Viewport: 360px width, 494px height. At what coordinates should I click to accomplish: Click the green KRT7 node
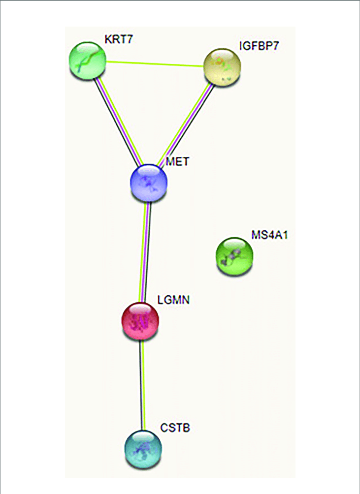[87, 60]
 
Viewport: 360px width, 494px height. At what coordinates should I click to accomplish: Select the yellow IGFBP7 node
[223, 66]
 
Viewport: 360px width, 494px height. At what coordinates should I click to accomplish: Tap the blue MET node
[148, 182]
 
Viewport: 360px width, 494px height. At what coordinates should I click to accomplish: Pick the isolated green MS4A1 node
[235, 255]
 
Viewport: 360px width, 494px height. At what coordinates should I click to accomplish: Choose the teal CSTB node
[143, 448]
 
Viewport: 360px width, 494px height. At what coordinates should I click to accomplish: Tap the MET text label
[178, 161]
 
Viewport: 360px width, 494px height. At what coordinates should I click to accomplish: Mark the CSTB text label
[175, 427]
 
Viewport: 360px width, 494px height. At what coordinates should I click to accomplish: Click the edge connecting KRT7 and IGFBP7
[155, 63]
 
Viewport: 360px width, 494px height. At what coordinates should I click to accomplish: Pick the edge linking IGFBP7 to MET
[186, 123]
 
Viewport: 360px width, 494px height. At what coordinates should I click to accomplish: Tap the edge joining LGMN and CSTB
[142, 384]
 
